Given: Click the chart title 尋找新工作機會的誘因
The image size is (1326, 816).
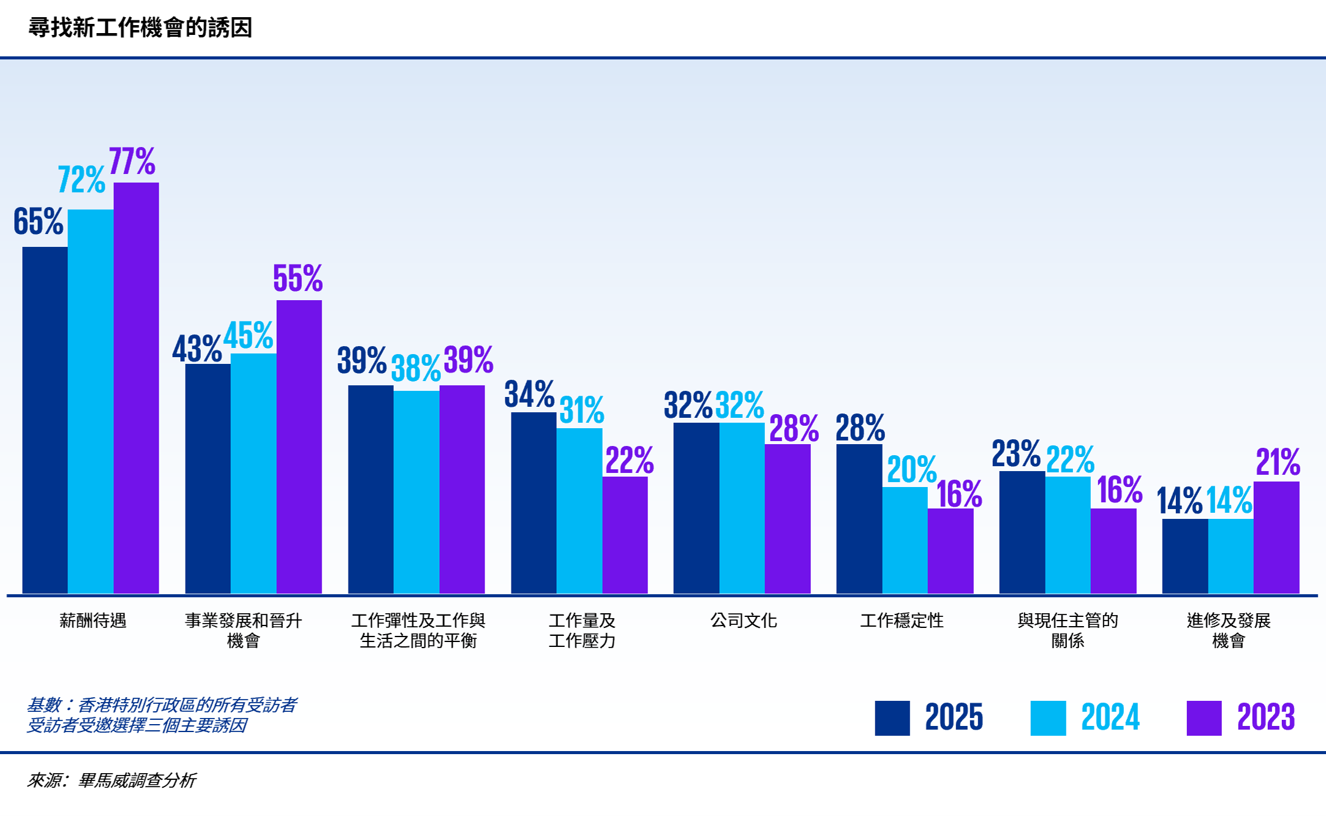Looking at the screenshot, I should tap(140, 28).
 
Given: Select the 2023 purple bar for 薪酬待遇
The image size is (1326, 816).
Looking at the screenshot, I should tap(136, 387).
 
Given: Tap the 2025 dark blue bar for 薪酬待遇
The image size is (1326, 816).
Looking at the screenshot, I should tap(45, 420).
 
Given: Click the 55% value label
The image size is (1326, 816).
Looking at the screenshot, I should tap(298, 279).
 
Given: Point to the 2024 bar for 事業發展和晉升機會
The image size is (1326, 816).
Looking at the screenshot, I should tap(254, 473).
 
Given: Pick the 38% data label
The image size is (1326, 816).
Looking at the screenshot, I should tap(415, 369).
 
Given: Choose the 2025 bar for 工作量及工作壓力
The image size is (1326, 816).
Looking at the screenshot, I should tap(533, 502).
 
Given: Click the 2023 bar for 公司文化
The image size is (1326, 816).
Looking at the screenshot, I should tap(788, 518).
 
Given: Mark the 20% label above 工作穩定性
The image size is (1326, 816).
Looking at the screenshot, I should tap(911, 470).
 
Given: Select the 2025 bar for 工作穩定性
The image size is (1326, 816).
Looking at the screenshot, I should tap(859, 518).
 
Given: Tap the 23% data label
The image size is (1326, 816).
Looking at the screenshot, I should tap(1016, 454).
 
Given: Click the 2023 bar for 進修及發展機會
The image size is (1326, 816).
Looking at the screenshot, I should tap(1276, 537).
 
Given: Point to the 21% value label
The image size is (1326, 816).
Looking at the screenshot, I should tap(1278, 463).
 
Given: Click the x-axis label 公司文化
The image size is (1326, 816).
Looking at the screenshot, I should tap(744, 621).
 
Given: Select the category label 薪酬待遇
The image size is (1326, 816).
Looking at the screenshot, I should tap(92, 621).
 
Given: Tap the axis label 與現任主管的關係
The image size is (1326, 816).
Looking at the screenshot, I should tap(1068, 630).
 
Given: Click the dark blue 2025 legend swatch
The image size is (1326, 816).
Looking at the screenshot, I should tap(892, 718).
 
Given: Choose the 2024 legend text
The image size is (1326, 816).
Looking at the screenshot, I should tap(1110, 717).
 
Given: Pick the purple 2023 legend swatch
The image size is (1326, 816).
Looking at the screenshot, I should tap(1204, 718).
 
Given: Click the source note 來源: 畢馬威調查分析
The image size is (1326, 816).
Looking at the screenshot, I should tap(111, 780).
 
